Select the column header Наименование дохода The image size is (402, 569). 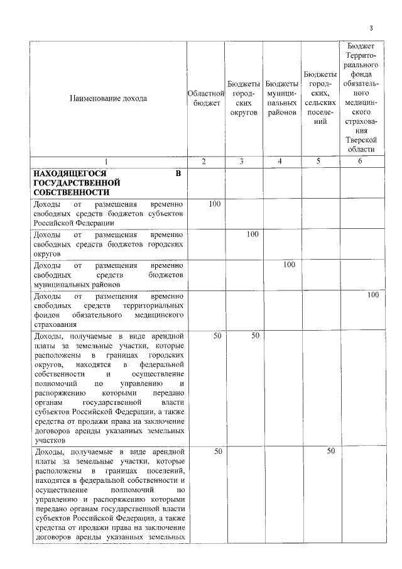(108, 99)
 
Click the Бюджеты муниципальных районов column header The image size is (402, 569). (282, 99)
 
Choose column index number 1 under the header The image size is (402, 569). (108, 162)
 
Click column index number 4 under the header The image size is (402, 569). (282, 162)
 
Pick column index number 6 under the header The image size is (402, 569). (361, 162)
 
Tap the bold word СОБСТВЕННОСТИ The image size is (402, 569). (71, 192)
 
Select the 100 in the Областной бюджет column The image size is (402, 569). (215, 204)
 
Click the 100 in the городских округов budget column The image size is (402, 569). (253, 234)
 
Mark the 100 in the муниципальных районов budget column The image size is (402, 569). (290, 265)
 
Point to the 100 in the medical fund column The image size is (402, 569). (373, 294)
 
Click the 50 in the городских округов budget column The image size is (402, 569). (256, 336)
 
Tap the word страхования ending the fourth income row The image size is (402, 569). (56, 324)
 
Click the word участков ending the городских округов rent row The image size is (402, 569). (49, 441)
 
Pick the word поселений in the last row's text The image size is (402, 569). (165, 471)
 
